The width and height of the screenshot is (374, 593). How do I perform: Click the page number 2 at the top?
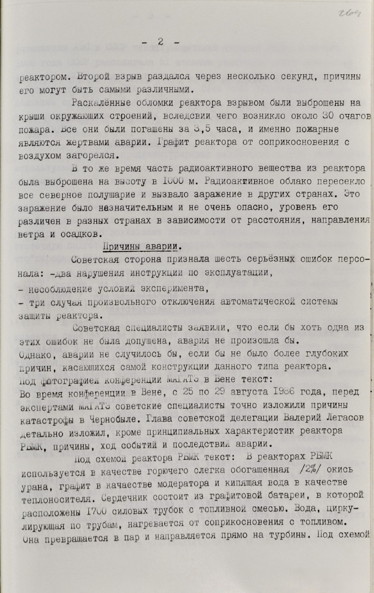(160, 41)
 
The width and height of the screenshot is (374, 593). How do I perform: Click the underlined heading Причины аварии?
(140, 247)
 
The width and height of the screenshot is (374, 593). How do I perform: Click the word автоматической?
(256, 302)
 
